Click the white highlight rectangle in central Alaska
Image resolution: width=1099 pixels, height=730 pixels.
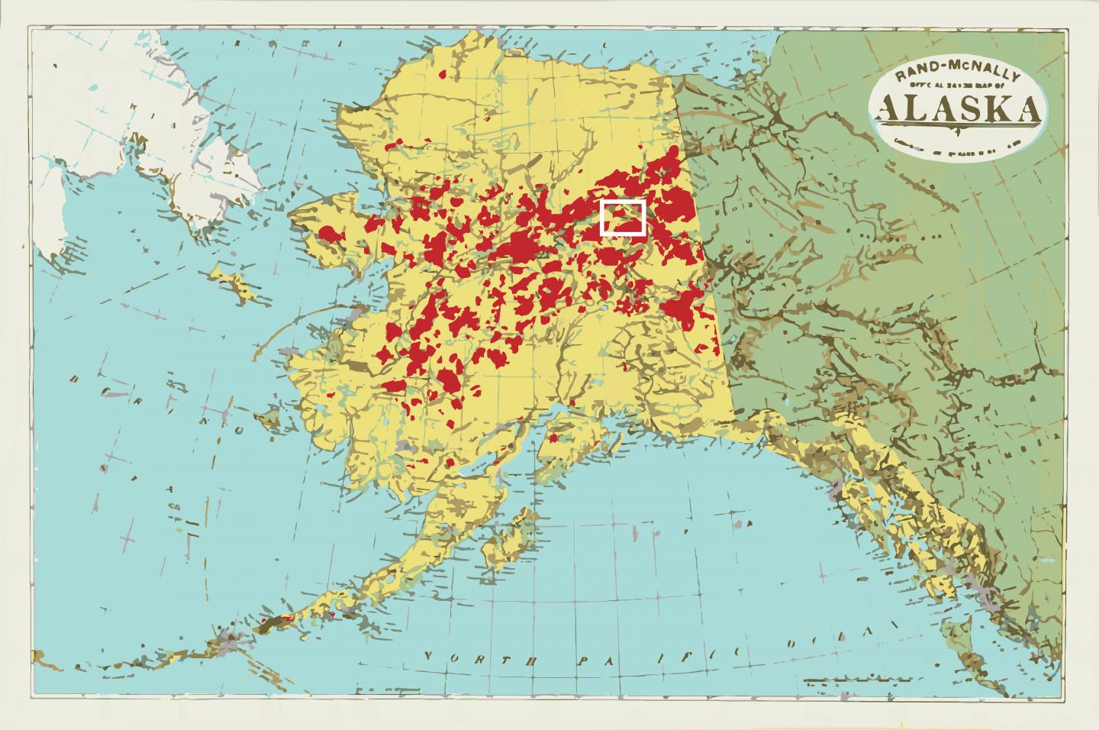click(x=624, y=218)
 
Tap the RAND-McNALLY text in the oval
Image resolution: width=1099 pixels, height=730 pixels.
click(x=958, y=75)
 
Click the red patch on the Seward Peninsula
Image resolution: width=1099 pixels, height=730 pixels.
click(x=333, y=234)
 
